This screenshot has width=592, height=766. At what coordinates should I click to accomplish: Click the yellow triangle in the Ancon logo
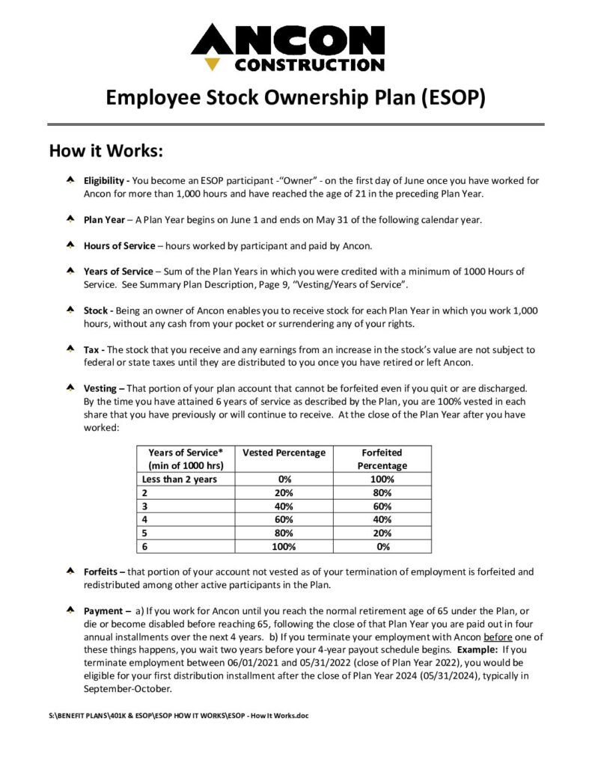pos(213,64)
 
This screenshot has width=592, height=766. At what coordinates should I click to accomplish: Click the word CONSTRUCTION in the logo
pos(310,64)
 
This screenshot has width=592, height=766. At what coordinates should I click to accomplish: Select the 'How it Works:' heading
pos(106,150)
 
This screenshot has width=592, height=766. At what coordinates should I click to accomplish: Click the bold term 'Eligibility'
pos(106,181)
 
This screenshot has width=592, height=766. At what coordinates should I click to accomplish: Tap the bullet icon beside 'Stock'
pos(69,310)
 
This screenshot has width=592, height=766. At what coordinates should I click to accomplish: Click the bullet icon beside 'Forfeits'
pos(69,572)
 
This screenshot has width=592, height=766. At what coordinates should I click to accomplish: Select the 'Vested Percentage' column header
pos(284,453)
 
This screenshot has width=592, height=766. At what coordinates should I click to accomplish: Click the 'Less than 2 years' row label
pos(179,479)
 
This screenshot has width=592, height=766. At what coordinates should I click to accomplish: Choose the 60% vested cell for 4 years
pos(284,519)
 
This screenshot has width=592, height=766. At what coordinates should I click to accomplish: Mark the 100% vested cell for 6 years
pos(284,546)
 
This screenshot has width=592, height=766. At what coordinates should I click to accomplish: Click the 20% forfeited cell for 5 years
pos(382,533)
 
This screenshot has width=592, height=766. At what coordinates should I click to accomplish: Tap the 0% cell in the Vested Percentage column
pos(284,479)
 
